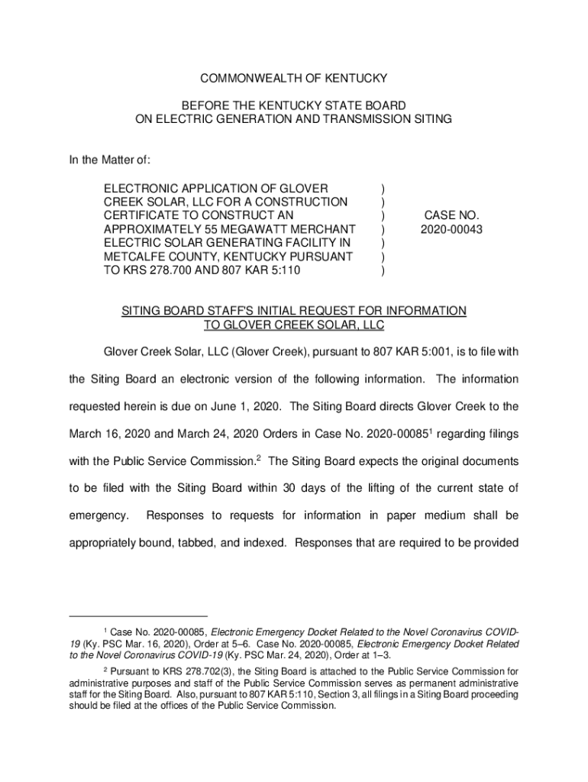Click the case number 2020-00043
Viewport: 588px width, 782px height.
[450, 229]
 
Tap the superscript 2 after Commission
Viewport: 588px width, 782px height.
[259, 457]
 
